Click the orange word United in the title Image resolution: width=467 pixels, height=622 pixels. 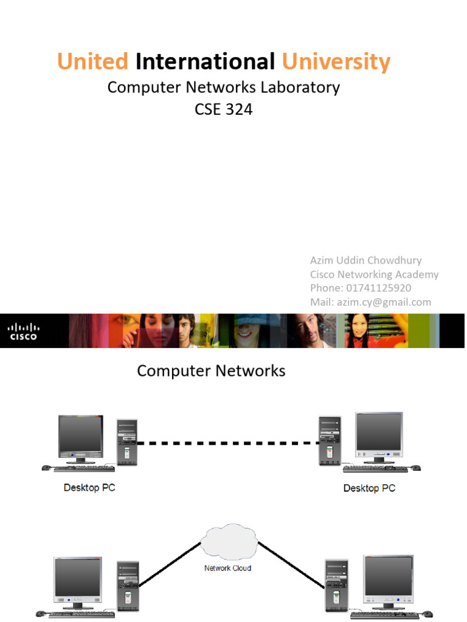pyautogui.click(x=92, y=62)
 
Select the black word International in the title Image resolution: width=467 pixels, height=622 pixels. pyautogui.click(x=205, y=62)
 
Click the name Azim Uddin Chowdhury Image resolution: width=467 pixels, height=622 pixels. pyautogui.click(x=365, y=260)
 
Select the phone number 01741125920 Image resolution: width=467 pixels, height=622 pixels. pyautogui.click(x=378, y=288)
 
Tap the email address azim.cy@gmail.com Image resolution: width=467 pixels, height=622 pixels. pyautogui.click(x=384, y=302)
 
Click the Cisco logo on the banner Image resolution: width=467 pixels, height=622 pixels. pyautogui.click(x=22, y=331)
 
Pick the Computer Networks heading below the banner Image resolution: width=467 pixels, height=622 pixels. pyautogui.click(x=211, y=371)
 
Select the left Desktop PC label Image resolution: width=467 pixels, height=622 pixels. pyautogui.click(x=89, y=488)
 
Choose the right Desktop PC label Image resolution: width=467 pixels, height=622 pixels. pyautogui.click(x=369, y=488)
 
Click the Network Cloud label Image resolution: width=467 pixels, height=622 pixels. pyautogui.click(x=227, y=569)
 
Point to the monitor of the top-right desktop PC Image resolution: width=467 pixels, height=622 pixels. pyautogui.click(x=379, y=434)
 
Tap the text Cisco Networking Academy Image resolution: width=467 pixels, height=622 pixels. pyautogui.click(x=374, y=274)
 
